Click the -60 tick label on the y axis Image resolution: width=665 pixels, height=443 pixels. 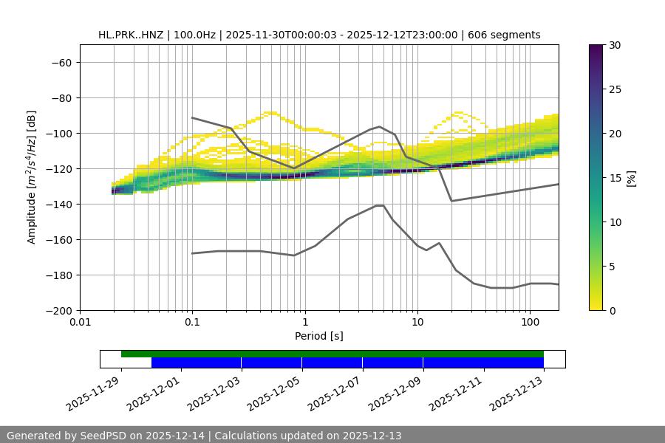61,62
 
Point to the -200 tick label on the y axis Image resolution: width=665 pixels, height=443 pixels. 58,310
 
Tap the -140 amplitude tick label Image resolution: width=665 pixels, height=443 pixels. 58,204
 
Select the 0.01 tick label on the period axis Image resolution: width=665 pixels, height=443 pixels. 80,322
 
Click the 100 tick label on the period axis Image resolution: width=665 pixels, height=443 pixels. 530,322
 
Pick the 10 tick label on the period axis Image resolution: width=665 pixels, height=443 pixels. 417,322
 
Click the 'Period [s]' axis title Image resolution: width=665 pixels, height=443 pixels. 319,336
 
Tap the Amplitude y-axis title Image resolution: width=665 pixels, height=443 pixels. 32,177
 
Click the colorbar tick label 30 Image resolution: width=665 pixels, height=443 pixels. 614,45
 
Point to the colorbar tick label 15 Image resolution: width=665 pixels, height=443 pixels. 614,178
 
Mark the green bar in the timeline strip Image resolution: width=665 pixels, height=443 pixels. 332,354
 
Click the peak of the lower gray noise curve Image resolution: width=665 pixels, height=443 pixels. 380,205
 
